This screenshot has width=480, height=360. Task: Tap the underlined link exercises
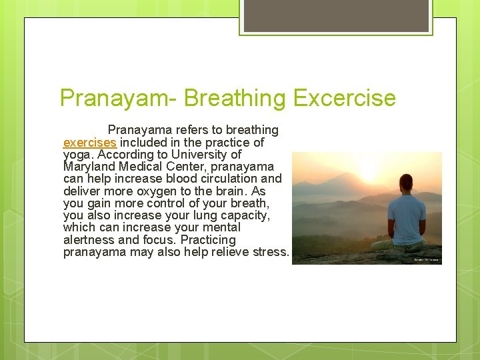tap(90, 142)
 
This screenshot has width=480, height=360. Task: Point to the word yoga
tap(77, 154)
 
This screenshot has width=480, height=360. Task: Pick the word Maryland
tap(90, 167)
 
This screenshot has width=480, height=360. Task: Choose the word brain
tap(233, 191)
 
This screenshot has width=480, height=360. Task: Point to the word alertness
tap(89, 239)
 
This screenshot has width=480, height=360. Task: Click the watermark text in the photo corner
tap(427, 260)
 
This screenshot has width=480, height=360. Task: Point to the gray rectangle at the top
tap(336, 15)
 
